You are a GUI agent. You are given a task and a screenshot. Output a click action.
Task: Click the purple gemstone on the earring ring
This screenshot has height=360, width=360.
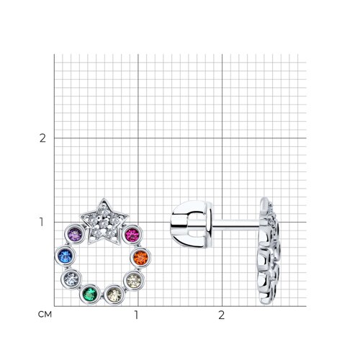tap(75, 234)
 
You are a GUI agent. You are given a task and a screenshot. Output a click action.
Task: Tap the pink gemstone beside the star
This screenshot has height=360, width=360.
tap(132, 234)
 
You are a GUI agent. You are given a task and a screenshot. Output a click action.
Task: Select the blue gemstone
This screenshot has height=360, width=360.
tap(65, 256)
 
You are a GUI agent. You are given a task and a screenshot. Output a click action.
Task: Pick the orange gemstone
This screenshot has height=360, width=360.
tap(140, 257)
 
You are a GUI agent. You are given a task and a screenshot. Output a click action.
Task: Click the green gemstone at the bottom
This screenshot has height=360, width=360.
tap(90, 294)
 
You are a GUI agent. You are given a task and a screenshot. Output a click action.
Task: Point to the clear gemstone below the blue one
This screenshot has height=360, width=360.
tap(71, 279)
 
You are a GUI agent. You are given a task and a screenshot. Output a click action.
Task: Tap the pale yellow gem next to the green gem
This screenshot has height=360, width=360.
tap(114, 295)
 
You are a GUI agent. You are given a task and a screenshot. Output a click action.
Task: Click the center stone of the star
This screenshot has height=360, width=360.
tap(103, 223)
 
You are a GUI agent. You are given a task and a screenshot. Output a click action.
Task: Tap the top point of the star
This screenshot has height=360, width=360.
tap(104, 199)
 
